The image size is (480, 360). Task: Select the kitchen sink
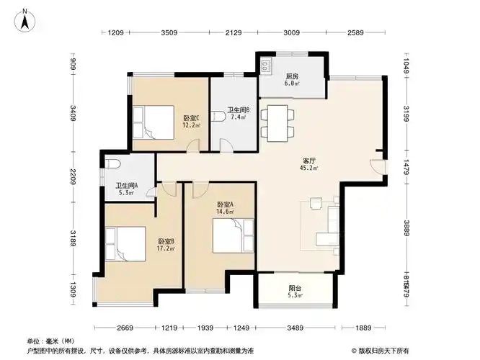click(x=266, y=65)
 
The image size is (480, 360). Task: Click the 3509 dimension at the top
click(x=169, y=33)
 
